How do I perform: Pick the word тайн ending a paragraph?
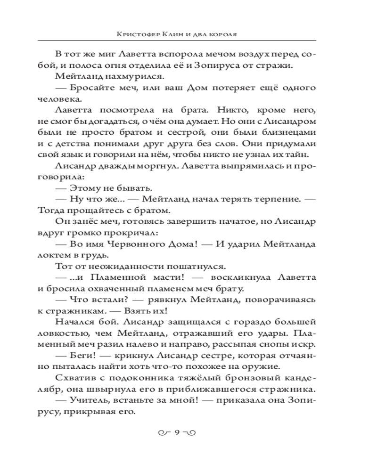coord(298,154)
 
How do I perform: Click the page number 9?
coord(178,433)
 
